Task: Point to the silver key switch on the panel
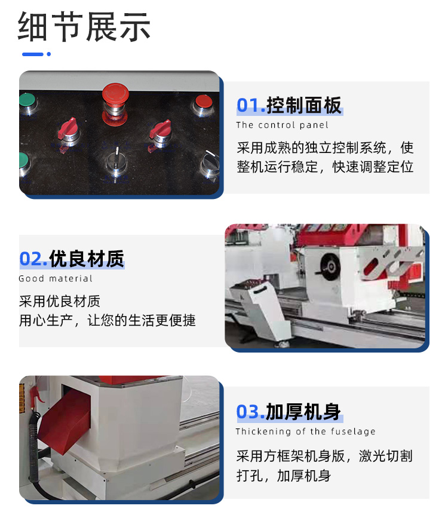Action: [x=116, y=162]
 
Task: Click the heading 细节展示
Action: [x=84, y=27]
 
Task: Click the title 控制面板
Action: [x=304, y=105]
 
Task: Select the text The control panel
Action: [x=282, y=125]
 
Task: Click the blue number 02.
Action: [x=33, y=259]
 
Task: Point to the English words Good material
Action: [x=56, y=278]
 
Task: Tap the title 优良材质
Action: [x=87, y=259]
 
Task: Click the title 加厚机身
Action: [x=303, y=412]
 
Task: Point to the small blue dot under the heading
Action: [x=49, y=54]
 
